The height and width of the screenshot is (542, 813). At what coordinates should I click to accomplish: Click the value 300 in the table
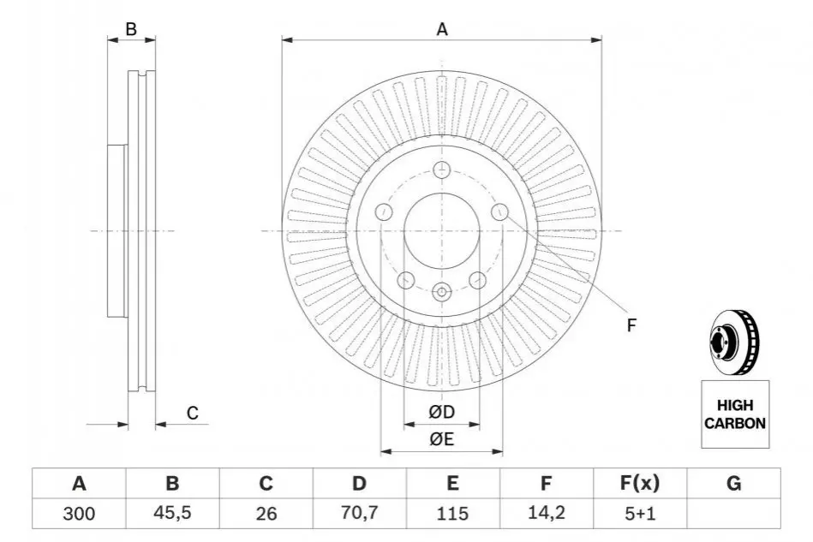click(79, 514)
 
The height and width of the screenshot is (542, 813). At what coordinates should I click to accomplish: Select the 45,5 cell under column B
click(172, 513)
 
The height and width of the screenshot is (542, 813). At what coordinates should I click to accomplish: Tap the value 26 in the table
click(266, 514)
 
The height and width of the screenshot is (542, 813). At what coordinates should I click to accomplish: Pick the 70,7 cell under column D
click(359, 513)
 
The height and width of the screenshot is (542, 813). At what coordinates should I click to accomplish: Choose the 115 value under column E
click(452, 514)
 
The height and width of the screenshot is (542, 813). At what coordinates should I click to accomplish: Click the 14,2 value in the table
click(546, 513)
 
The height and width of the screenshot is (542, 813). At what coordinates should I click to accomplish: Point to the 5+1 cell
click(640, 514)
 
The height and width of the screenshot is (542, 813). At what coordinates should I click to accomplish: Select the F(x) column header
click(640, 483)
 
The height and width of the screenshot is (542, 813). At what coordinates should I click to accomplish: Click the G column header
click(733, 483)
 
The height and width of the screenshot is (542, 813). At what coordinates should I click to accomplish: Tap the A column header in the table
click(79, 484)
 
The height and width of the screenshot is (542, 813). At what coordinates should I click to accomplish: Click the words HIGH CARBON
click(735, 414)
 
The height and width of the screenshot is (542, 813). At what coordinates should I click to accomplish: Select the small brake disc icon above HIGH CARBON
click(735, 342)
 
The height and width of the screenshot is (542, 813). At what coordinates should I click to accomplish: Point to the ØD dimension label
click(441, 412)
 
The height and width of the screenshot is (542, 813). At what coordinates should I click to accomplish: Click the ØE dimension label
click(441, 439)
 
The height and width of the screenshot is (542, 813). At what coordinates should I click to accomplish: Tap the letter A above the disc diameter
click(442, 29)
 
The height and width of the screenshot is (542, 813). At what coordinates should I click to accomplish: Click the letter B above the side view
click(131, 29)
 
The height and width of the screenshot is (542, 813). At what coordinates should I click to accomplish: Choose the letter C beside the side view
click(193, 413)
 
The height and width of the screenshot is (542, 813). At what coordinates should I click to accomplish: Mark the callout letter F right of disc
click(631, 325)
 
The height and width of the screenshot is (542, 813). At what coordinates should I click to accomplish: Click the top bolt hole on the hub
click(441, 170)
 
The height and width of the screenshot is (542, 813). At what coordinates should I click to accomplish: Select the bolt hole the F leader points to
click(499, 211)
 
